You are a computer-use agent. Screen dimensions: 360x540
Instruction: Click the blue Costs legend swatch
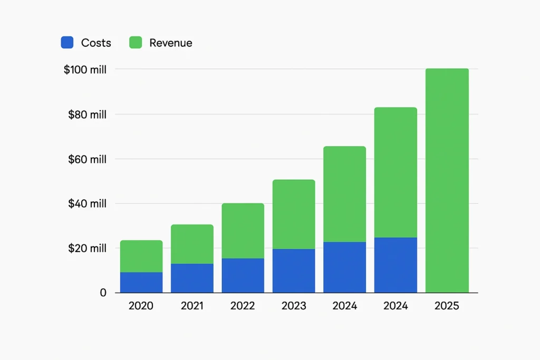coord(67,43)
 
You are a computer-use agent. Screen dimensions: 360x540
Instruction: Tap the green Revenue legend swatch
coord(136,43)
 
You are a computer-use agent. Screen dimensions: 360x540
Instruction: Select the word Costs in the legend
coord(96,43)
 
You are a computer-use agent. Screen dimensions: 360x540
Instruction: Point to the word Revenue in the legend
coord(170,43)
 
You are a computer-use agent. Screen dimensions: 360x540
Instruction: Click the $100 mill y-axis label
coord(85,70)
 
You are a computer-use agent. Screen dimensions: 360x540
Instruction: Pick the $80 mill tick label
coord(87,114)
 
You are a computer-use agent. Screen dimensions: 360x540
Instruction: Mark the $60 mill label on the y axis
coord(87,159)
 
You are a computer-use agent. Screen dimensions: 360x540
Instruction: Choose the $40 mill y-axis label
coord(87,203)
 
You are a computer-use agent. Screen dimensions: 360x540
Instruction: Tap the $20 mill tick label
coord(87,248)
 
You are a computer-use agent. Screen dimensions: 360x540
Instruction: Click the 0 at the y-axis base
coord(103,293)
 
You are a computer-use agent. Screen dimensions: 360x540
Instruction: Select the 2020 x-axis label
coord(141,306)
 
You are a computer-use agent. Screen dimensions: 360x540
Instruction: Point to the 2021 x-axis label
coord(192,306)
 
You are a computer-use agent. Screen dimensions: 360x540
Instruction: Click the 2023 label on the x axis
coord(294,306)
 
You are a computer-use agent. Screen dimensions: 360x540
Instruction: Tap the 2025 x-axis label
coord(447,306)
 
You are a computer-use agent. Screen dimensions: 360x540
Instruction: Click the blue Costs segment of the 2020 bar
coord(141,283)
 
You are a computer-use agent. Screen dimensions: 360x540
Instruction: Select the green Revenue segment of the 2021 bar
coord(192,244)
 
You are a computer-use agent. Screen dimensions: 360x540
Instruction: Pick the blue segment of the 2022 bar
coord(243,275)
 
